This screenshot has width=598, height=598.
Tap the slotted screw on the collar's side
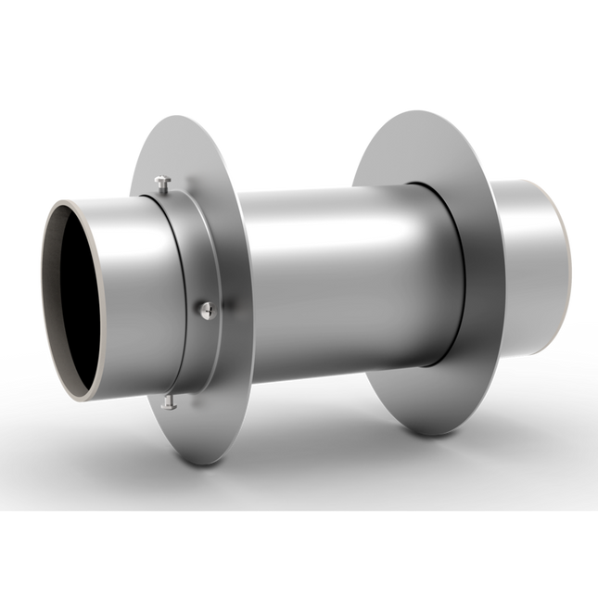(205, 308)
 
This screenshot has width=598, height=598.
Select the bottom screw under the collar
(167, 401)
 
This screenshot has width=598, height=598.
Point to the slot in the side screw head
(205, 308)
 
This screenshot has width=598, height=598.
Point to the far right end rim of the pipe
(561, 269)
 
